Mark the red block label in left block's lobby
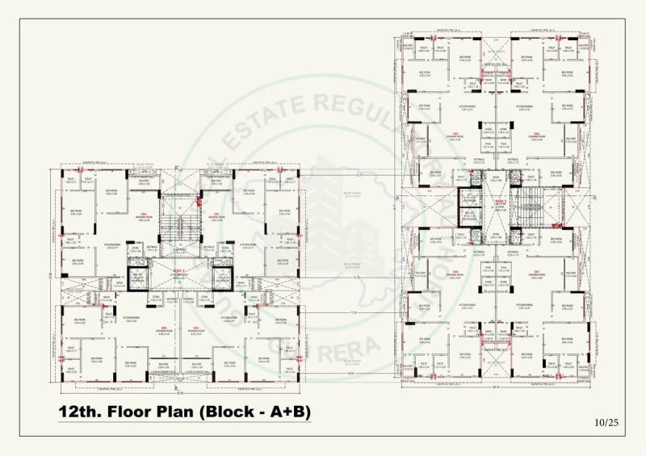[x=179, y=270]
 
